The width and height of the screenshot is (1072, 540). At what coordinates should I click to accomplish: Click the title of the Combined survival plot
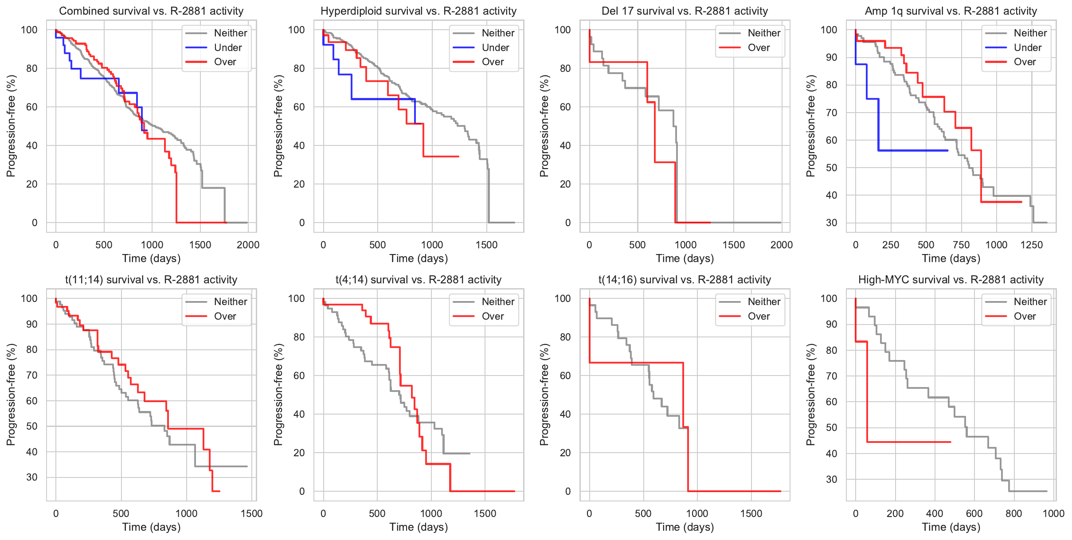click(x=151, y=11)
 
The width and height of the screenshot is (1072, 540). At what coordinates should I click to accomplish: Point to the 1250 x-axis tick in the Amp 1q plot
click(x=1031, y=245)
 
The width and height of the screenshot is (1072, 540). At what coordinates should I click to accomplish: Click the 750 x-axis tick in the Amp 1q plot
click(x=961, y=245)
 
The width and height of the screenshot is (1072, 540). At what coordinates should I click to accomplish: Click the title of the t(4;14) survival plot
click(x=418, y=280)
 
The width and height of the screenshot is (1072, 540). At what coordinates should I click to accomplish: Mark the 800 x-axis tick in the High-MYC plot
click(x=1013, y=513)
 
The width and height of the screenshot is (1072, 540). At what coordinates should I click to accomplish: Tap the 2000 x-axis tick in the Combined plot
click(x=248, y=245)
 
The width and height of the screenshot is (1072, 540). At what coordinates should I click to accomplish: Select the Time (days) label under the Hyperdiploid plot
click(x=419, y=258)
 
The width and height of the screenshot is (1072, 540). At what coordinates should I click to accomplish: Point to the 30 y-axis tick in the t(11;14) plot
click(x=32, y=477)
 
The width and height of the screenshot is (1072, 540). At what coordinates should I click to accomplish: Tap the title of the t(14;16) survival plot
click(x=685, y=280)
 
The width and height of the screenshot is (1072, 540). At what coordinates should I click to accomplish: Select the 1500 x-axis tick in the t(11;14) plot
click(x=251, y=513)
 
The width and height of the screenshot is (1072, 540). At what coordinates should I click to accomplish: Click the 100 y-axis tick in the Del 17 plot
click(x=563, y=30)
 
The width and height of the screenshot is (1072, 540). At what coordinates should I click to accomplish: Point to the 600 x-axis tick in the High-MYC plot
click(x=974, y=513)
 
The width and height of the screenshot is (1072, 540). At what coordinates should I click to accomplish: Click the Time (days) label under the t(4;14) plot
click(x=419, y=527)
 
